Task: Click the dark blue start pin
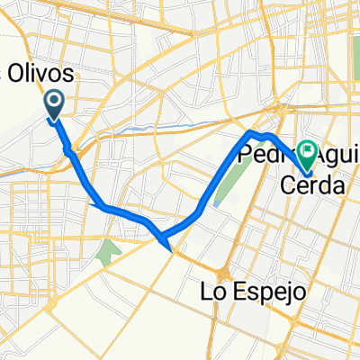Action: [54, 105]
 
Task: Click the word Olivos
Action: [42, 74]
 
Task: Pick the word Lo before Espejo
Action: [210, 293]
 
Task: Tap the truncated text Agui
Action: [330, 157]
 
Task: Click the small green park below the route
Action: [110, 251]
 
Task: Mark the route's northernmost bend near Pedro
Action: [251, 133]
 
